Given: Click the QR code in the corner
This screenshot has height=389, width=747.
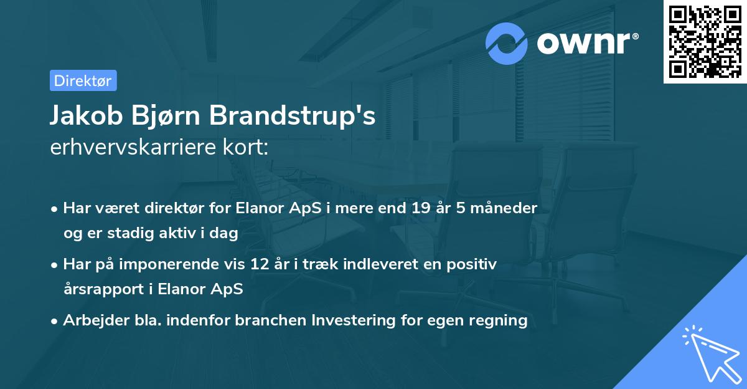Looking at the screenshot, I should pos(705,42).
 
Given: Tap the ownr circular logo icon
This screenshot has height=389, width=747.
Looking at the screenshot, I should pos(507,43).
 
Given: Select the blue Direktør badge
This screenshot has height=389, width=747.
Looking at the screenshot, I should pos(83,80).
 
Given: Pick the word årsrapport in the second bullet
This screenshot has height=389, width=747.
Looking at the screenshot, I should pos(102,289).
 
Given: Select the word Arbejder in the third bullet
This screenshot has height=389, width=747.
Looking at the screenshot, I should pos(91,320).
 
